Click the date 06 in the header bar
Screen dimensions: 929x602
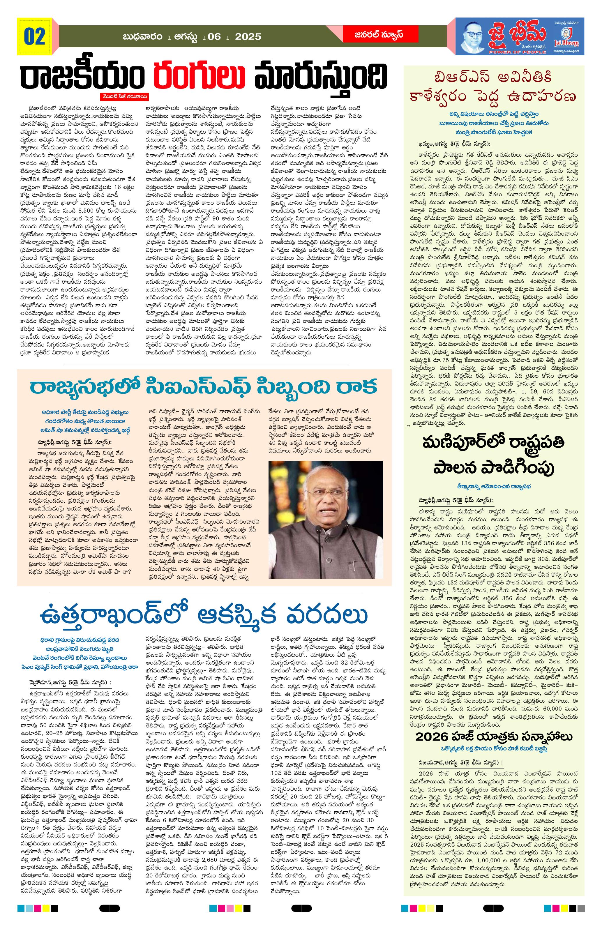click(x=214, y=37)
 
